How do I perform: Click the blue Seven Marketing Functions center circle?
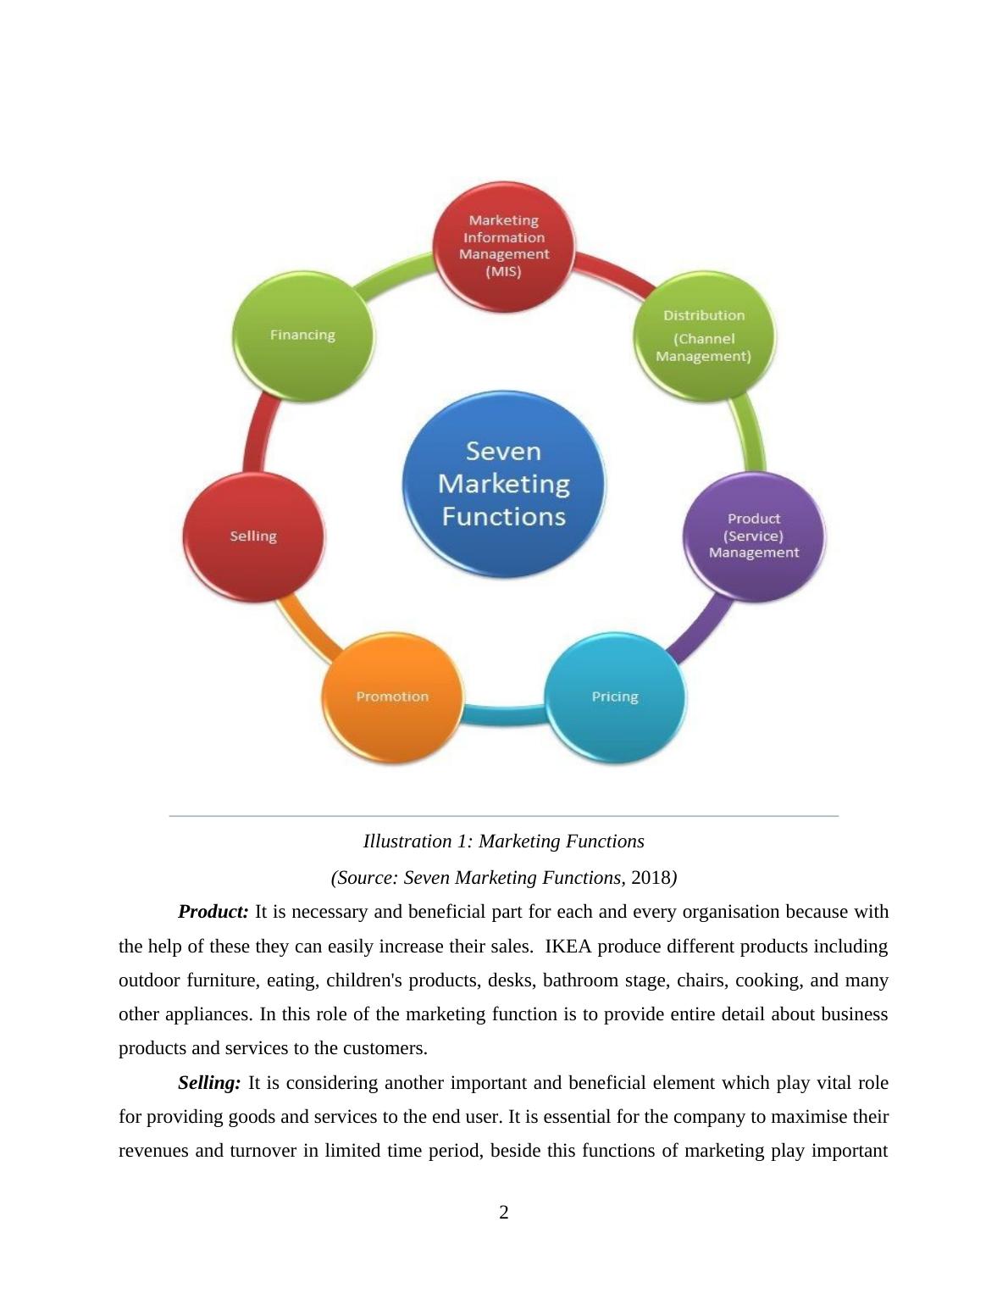(x=503, y=484)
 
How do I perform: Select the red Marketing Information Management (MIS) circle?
(x=503, y=246)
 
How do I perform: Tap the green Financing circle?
(x=302, y=336)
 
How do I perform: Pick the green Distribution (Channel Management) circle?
(x=704, y=336)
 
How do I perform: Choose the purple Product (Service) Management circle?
(x=753, y=536)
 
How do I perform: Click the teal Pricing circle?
(x=615, y=697)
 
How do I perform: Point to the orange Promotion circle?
(x=392, y=697)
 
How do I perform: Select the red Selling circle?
(x=253, y=536)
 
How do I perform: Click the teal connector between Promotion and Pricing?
(x=503, y=715)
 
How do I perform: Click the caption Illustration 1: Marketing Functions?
(x=503, y=841)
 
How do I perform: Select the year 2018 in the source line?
(x=649, y=878)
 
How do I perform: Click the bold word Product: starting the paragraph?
(x=213, y=912)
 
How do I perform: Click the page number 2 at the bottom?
(x=504, y=1213)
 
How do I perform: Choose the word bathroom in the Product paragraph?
(x=579, y=980)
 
